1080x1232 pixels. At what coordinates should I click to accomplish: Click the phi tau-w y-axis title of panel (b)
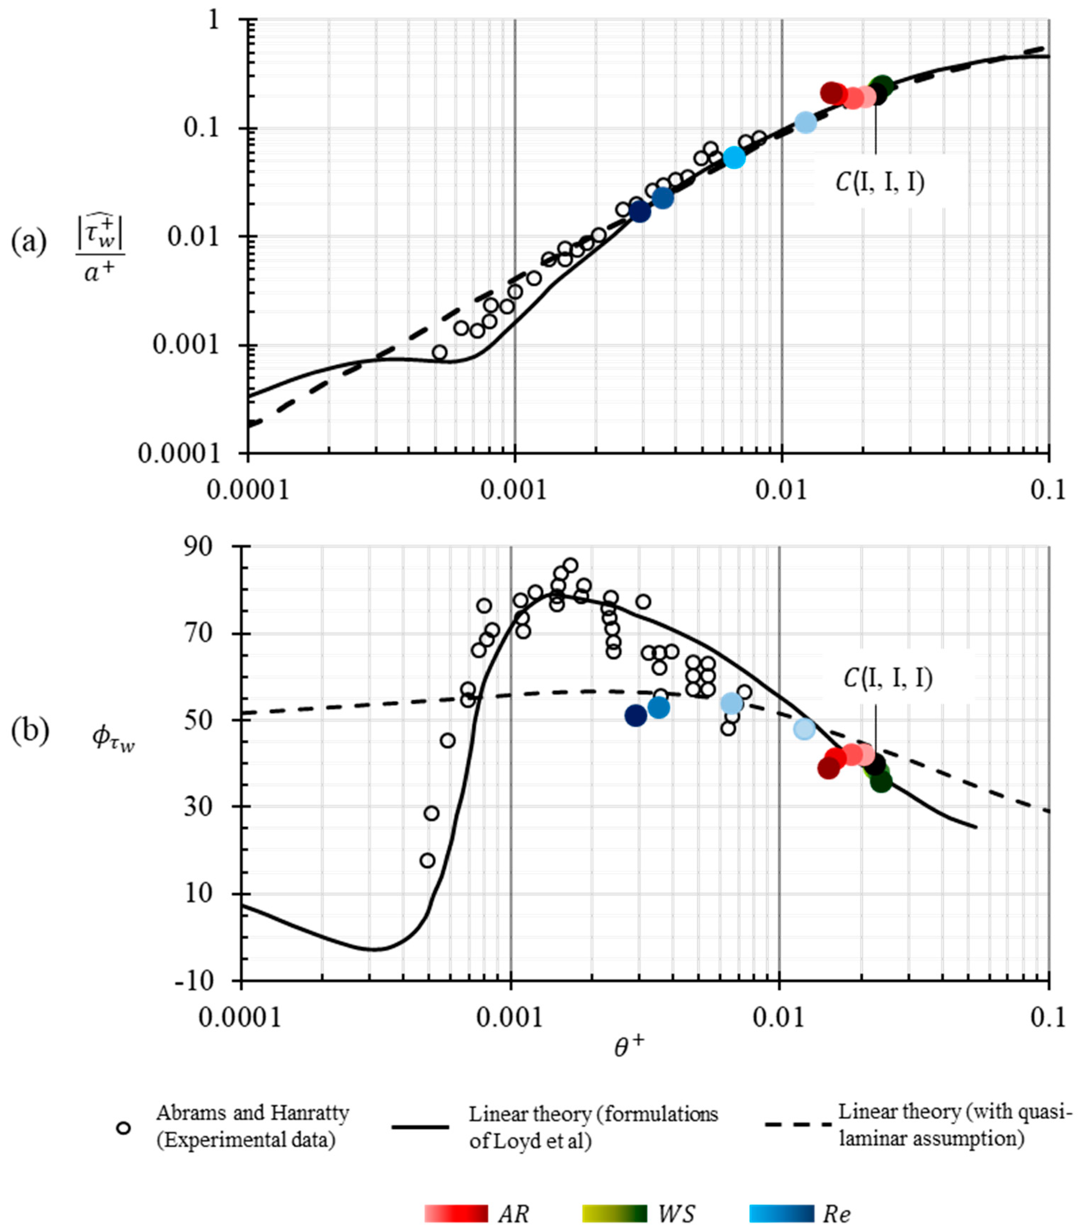(x=113, y=737)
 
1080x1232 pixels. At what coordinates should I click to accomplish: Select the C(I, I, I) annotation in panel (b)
(x=888, y=679)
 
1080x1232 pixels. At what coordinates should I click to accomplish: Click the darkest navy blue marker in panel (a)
(x=640, y=211)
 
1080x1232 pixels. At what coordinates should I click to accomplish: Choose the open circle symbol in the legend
(x=124, y=1128)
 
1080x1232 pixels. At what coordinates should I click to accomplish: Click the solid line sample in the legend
(x=420, y=1126)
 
